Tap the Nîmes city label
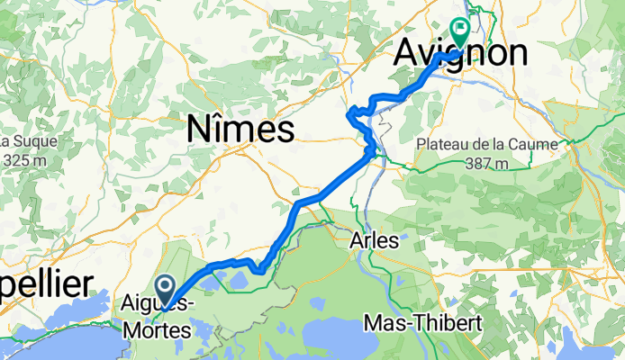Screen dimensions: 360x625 240,130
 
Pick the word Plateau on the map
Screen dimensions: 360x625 442,145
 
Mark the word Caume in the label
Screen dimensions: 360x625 542,145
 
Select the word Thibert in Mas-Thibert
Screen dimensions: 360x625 452,321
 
